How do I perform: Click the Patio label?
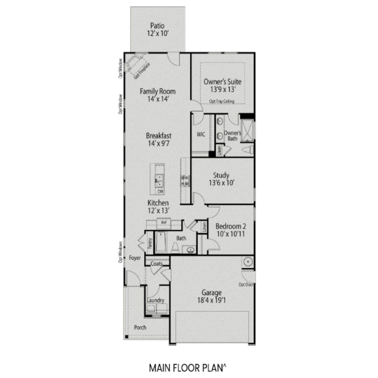[x=157, y=26]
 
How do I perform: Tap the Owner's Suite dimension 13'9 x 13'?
[x=223, y=89]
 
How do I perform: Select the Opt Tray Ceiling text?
[x=222, y=101]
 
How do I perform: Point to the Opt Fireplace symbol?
[x=137, y=66]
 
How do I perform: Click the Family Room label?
[x=158, y=91]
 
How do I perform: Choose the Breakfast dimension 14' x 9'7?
[x=159, y=143]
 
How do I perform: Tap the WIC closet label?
[x=201, y=135]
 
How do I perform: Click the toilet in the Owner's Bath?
[x=248, y=150]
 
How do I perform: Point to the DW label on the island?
[x=160, y=192]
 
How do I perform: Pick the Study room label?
[x=221, y=175]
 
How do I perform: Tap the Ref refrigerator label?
[x=164, y=222]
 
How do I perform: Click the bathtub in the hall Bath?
[x=161, y=242]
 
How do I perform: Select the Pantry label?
[x=150, y=243]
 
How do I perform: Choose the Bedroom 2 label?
[x=231, y=226]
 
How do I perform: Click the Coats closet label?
[x=156, y=264]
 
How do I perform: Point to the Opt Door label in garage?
[x=246, y=285]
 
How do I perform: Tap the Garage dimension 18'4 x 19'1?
[x=211, y=300]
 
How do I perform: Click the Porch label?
[x=140, y=327]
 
